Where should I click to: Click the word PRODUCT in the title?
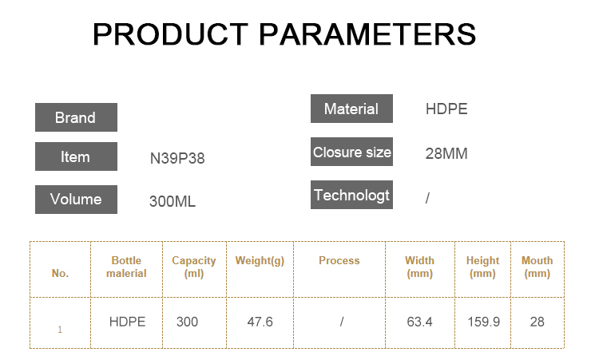point(171,34)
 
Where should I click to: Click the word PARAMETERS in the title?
point(367,34)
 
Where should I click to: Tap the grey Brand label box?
point(76,117)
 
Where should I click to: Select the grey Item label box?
point(76,156)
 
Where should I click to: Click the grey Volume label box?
point(76,200)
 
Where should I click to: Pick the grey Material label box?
point(351,109)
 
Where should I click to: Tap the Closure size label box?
point(351,152)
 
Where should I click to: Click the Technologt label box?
point(351,195)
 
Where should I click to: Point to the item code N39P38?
point(177,158)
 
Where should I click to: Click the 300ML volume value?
point(173,201)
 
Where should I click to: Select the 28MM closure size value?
point(446,153)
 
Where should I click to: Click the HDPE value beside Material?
point(446,109)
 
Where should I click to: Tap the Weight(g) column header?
point(260,261)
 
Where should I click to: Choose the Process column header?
point(339,260)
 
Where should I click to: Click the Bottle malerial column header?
point(126,267)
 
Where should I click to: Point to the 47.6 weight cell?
point(260,322)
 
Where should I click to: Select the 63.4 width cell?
point(419,322)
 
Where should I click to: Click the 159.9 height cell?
point(484,322)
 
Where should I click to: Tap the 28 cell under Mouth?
point(538,322)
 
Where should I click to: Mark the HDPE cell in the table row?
point(127,322)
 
